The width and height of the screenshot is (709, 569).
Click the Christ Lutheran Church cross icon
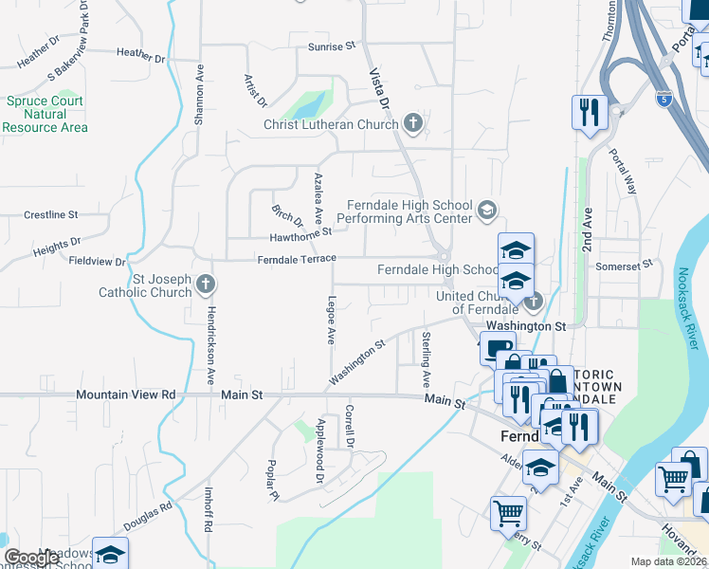coord(412,123)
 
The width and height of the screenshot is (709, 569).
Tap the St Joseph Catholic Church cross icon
coord(205,284)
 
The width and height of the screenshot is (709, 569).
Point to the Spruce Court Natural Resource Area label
coord(45,114)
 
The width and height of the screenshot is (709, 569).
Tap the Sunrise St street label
coord(331,46)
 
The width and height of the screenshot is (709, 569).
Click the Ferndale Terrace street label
coord(297,259)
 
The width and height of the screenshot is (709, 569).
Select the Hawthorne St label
coord(300,232)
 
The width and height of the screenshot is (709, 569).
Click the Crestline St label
coord(51,215)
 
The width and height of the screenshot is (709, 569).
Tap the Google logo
coord(31,558)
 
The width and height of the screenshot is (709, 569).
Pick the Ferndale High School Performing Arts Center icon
coord(487,210)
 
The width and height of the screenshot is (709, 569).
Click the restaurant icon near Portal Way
coord(590,112)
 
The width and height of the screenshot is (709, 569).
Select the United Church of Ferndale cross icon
coord(533,303)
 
